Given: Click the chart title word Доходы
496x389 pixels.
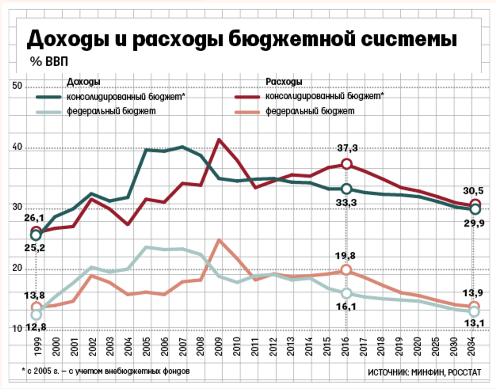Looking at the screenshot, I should pyautogui.click(x=72, y=40).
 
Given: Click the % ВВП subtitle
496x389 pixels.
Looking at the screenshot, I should pyautogui.click(x=49, y=62).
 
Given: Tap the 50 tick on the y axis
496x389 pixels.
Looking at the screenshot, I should pyautogui.click(x=17, y=86).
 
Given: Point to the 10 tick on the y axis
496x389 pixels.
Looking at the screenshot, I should pyautogui.click(x=17, y=328).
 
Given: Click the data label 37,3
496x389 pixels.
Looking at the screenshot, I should pyautogui.click(x=346, y=148).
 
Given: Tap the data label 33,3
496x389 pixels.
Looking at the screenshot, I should pyautogui.click(x=346, y=203).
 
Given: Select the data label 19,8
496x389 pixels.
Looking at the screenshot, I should pyautogui.click(x=346, y=256).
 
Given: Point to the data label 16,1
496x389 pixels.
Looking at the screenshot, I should pyautogui.click(x=346, y=307).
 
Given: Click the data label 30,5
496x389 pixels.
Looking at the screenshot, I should pyautogui.click(x=473, y=190).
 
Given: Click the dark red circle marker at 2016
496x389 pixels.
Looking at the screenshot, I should pyautogui.click(x=346, y=164).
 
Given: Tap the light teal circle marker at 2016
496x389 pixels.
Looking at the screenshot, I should pyautogui.click(x=346, y=293).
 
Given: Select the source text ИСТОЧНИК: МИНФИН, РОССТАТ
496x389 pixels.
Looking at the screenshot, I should pyautogui.click(x=424, y=373).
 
